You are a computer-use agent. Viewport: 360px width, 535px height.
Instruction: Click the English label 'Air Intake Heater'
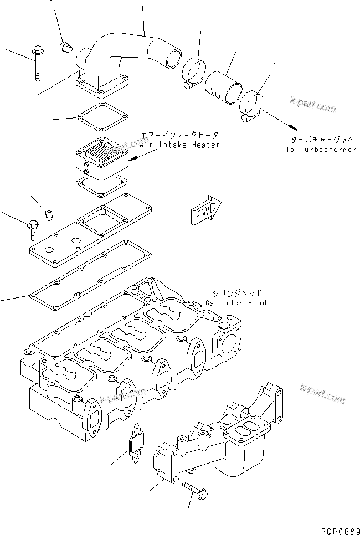[179, 145]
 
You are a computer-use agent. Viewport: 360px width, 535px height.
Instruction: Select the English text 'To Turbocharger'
[321, 150]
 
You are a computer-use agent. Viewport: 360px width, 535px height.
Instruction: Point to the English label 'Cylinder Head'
[235, 302]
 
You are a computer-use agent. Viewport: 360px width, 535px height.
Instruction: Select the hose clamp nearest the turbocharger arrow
[255, 105]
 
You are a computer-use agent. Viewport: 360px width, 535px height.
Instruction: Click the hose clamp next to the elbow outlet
[193, 74]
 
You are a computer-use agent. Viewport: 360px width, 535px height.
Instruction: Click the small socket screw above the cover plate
[49, 213]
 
